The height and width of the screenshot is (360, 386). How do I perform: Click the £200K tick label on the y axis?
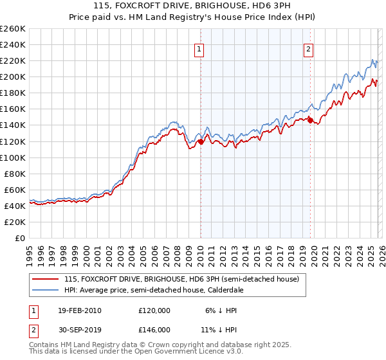click(x=13, y=77)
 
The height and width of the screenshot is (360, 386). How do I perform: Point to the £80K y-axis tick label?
click(x=15, y=174)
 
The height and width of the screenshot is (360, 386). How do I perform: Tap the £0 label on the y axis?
click(x=21, y=238)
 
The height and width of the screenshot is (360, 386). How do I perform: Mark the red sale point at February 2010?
click(x=200, y=141)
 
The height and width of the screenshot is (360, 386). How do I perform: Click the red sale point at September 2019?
click(x=309, y=120)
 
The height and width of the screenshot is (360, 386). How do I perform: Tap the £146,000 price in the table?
click(x=154, y=329)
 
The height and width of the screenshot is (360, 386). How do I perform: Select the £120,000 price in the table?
click(x=154, y=310)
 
